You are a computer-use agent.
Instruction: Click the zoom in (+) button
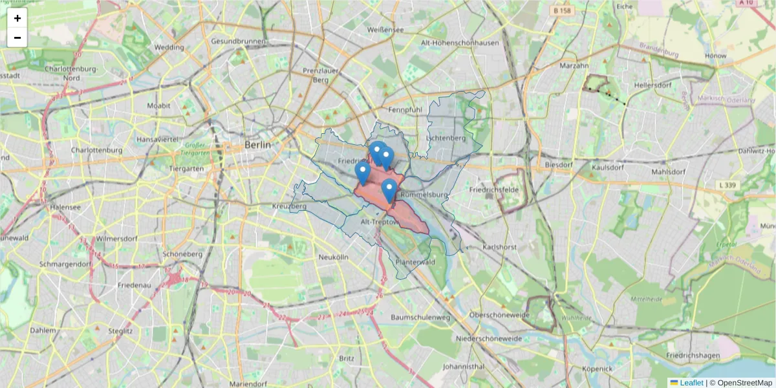[17, 18]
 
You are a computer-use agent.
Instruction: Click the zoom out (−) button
[17, 38]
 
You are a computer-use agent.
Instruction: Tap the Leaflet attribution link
[691, 383]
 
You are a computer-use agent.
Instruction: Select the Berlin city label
[257, 145]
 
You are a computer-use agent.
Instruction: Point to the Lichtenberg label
[446, 138]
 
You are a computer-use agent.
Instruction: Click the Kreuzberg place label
[289, 206]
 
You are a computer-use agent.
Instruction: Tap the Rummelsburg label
[424, 195]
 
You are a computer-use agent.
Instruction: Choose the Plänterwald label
[415, 262]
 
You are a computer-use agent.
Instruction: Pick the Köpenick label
[596, 369]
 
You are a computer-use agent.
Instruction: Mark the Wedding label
[169, 47]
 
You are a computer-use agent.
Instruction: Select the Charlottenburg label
[97, 150]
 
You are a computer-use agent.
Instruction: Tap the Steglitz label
[120, 330]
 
